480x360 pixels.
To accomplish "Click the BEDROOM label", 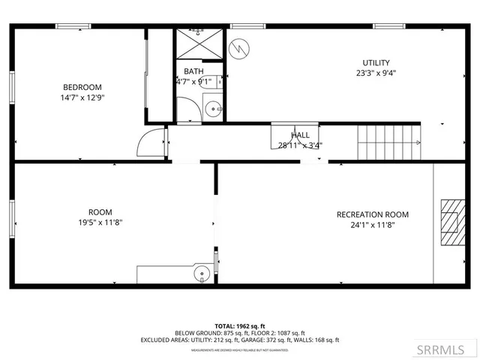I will pyautogui.click(x=82, y=87).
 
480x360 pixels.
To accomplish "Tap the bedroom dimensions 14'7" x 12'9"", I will pyautogui.click(x=82, y=97).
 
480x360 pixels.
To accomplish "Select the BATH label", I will pyautogui.click(x=193, y=71).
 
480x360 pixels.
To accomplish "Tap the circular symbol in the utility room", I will pyautogui.click(x=238, y=48).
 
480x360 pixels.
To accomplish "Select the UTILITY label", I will pyautogui.click(x=376, y=63).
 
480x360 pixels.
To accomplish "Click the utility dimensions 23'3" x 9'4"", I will pyautogui.click(x=376, y=73).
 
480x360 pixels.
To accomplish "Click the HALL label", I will pyautogui.click(x=300, y=135).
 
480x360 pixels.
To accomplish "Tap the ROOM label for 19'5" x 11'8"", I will pyautogui.click(x=100, y=212).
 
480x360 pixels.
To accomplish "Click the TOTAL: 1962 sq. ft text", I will pyautogui.click(x=239, y=325).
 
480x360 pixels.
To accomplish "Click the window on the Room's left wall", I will pyautogui.click(x=11, y=217).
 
